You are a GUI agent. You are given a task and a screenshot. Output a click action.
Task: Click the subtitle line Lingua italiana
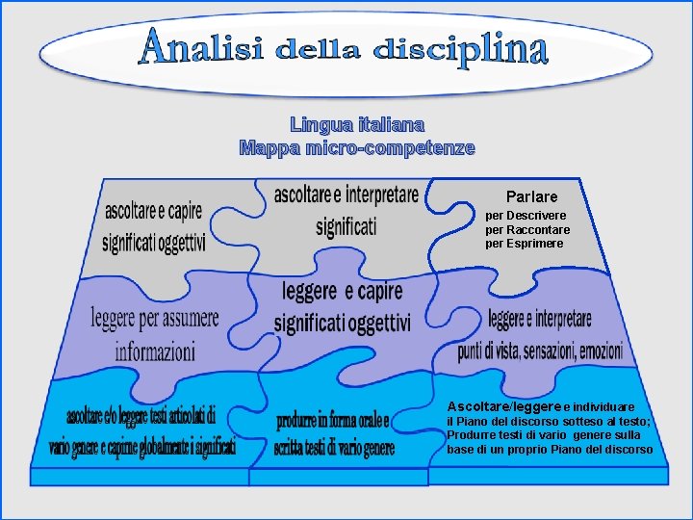pos(357,124)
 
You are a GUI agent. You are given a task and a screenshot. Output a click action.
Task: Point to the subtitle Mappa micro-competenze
pos(357,148)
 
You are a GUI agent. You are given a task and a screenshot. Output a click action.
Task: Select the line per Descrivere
pos(526,216)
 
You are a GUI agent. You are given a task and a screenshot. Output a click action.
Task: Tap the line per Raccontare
pos(527,230)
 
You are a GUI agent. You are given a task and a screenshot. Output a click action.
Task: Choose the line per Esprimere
pos(525,244)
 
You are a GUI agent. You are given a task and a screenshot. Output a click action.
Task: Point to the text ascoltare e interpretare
pos(346,195)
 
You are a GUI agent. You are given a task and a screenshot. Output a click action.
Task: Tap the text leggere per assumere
pos(155,317)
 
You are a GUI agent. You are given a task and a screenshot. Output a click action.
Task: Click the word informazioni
pos(155,351)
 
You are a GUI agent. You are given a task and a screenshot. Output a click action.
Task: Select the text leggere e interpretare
pos(540,319)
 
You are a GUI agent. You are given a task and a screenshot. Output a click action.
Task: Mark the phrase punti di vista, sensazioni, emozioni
pos(540,351)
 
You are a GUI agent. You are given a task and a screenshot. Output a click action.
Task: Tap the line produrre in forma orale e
pos(333,421)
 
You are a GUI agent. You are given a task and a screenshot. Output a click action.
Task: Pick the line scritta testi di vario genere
pos(334,447)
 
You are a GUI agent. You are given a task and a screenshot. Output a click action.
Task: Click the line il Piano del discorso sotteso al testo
pos(549,422)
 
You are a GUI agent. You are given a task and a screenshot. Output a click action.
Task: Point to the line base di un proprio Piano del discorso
pos(550,450)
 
